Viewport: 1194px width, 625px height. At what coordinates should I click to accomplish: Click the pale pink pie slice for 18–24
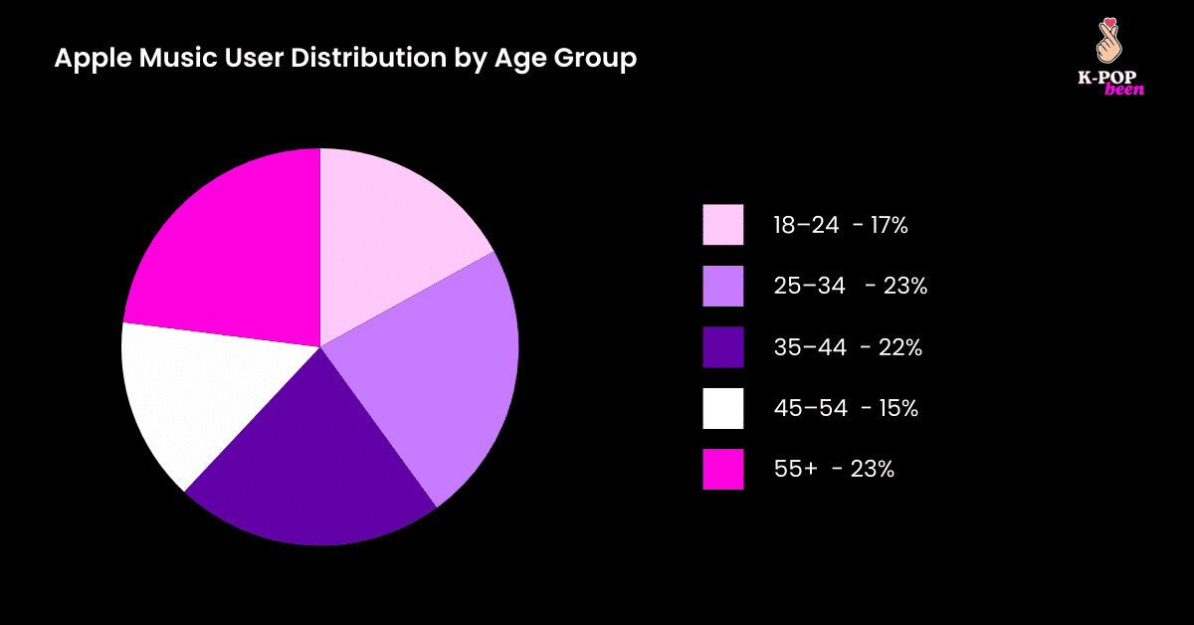[x=393, y=239]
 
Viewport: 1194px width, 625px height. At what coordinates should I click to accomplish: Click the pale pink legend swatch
[x=723, y=225]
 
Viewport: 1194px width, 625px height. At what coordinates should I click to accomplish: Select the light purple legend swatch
[x=723, y=287]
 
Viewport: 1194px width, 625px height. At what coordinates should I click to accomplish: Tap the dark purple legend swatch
[x=723, y=347]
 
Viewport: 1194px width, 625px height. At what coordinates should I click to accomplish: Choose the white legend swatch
[x=723, y=408]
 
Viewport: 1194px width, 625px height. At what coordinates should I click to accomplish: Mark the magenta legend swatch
[x=723, y=469]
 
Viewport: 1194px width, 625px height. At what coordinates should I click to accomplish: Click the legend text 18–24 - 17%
[x=841, y=226]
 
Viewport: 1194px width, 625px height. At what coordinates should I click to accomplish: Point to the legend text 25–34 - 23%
[x=851, y=287]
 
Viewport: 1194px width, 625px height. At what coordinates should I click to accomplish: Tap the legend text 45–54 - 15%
[x=846, y=408]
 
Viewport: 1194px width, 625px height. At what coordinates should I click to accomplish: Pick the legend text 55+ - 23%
[x=834, y=469]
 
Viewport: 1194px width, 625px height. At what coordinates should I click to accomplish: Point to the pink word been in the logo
[x=1124, y=90]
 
